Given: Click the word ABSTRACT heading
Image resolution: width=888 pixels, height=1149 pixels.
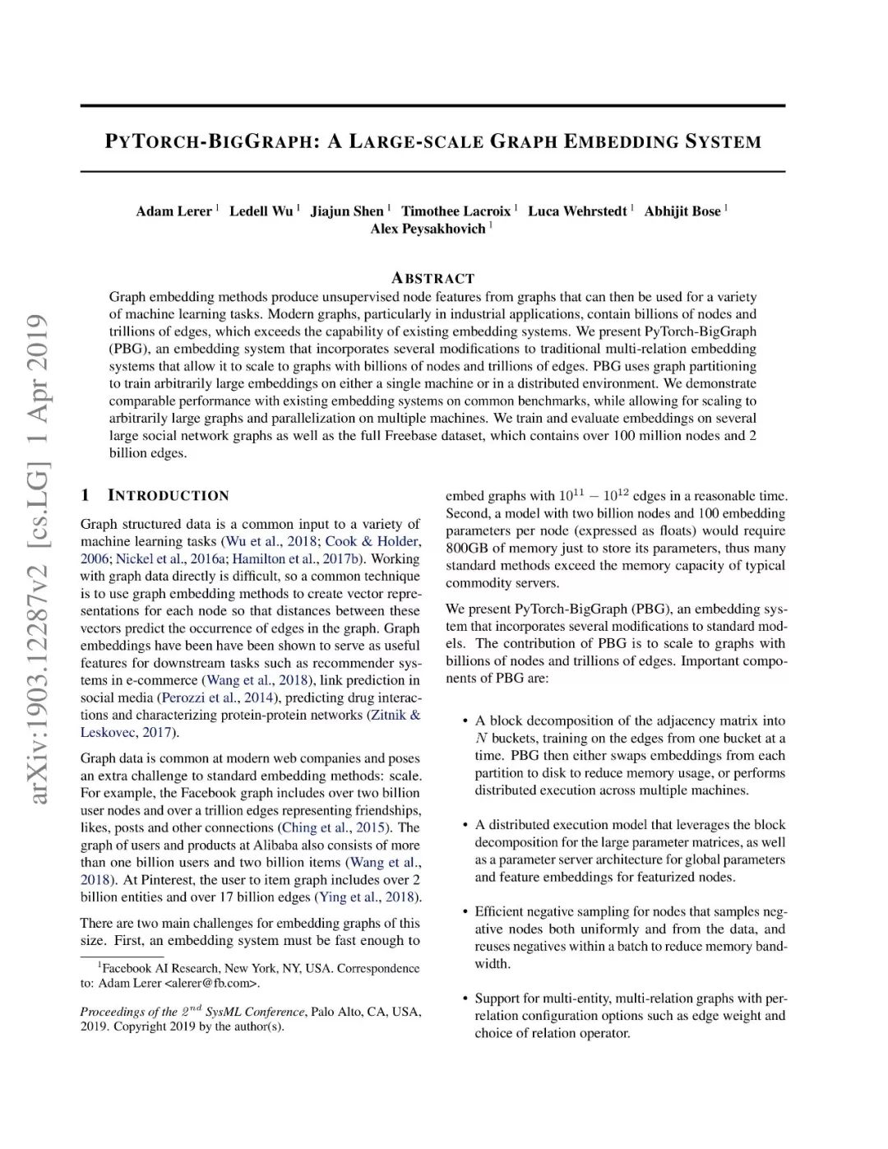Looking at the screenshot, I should click(432, 278).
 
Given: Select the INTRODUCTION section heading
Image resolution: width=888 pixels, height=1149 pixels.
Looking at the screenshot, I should click(168, 495).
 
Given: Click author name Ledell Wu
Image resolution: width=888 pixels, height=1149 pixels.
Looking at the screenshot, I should click(261, 211).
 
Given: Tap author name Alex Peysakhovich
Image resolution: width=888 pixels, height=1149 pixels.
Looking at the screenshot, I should click(428, 229).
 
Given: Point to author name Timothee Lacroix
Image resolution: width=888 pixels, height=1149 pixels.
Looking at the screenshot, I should click(456, 211).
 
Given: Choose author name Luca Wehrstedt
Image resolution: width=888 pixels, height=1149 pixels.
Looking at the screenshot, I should click(577, 211).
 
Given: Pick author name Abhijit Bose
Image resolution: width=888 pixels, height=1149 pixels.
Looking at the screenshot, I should click(682, 211).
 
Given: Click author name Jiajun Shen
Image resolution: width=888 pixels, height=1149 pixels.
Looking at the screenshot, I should click(347, 211).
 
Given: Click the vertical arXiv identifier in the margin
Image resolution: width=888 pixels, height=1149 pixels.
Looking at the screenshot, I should click(37, 559).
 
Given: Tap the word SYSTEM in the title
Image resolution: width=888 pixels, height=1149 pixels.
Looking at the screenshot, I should click(724, 141).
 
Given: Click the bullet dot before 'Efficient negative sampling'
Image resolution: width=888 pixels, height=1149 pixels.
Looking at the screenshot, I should click(465, 912).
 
